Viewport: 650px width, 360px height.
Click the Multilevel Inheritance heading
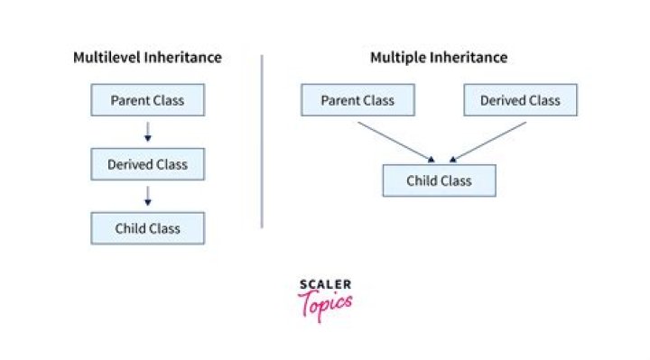[147, 58]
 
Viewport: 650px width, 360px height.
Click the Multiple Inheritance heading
[439, 58]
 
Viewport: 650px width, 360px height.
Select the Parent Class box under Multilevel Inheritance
[147, 99]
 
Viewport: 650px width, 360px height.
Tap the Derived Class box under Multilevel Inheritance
[147, 164]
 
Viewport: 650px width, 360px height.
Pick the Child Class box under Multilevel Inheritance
[147, 228]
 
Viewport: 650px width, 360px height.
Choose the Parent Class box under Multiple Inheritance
[357, 99]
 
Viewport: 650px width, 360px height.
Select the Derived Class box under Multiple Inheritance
[520, 99]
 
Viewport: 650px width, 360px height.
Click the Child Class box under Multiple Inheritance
[439, 180]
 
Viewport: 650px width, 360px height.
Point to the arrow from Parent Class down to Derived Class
[147, 132]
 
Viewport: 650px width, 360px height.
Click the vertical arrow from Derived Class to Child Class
[147, 196]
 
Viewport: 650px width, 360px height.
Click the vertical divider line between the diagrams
[262, 140]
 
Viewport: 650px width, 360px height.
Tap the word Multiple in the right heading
[396, 58]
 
